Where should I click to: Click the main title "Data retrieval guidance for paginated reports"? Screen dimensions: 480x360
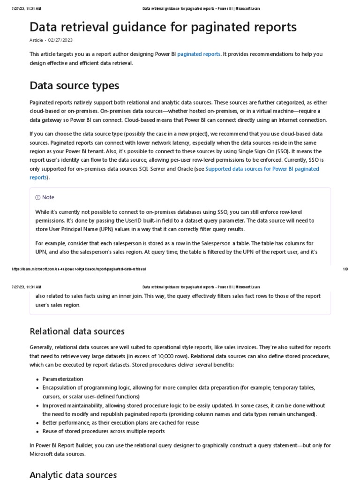163,27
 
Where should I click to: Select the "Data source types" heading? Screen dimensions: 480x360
74,85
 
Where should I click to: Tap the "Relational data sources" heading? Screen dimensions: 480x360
77,331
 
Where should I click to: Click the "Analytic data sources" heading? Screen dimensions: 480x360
73,475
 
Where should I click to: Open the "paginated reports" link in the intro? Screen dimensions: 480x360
199,54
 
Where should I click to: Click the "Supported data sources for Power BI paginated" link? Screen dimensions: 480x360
262,169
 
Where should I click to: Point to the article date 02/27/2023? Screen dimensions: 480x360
60,40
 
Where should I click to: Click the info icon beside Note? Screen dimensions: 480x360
38,197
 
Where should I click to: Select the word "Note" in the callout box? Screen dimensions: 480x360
48,197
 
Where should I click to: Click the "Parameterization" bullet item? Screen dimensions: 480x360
63,379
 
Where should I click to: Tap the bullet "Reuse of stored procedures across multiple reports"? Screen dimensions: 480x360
104,431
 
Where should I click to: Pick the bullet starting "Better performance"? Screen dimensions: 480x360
120,422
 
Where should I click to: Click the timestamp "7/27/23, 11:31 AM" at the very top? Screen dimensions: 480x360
26,9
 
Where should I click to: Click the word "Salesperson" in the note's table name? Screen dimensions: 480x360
216,243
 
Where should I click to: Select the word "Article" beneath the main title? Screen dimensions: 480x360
36,40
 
